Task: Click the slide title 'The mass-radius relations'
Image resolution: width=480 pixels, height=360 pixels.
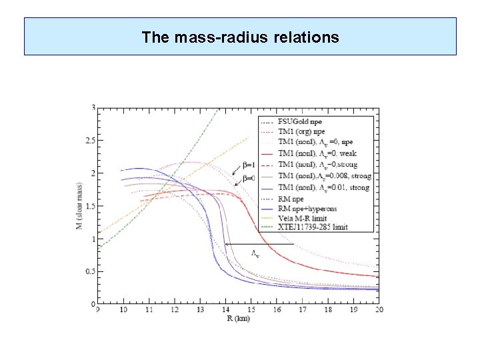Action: coord(240,37)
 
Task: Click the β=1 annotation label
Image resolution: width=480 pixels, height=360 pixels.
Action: coord(249,165)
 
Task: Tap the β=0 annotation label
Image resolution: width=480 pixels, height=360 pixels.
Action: coord(249,178)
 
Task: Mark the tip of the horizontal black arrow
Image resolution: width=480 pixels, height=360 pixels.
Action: coord(226,244)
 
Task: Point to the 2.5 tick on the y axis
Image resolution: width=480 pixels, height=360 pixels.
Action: coord(91,140)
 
